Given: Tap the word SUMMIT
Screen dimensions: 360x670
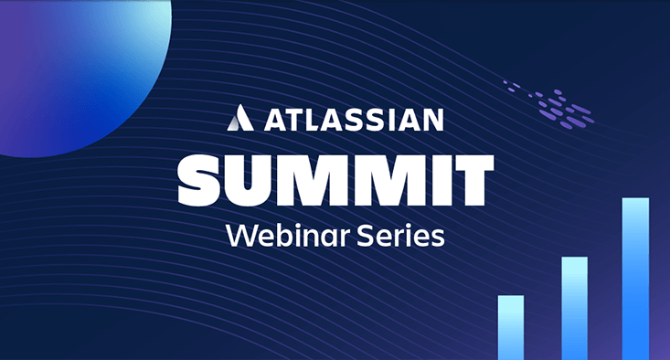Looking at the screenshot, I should [335, 181].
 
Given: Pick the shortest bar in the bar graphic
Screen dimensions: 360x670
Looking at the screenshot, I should [510, 327].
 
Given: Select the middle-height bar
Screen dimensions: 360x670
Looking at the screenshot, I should [573, 308].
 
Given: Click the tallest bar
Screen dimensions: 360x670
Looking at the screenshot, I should [635, 278].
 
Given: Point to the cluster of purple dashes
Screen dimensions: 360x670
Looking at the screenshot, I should [550, 102].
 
